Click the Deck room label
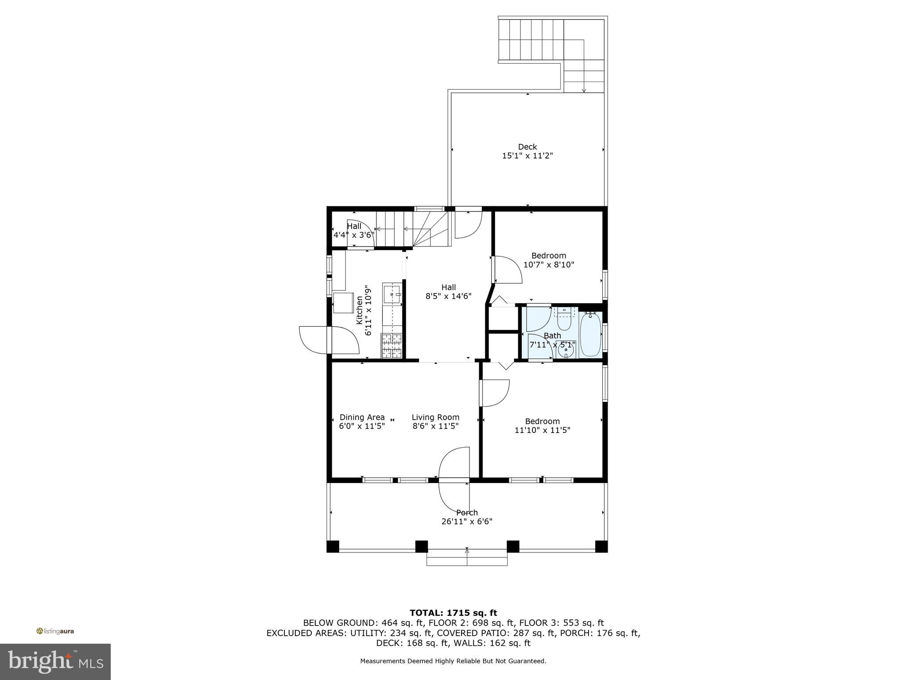click(x=527, y=147)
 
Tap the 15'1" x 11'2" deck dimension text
click(x=527, y=156)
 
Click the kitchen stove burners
click(x=391, y=346)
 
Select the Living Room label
click(x=435, y=417)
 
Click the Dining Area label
click(x=362, y=417)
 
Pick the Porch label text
click(x=467, y=513)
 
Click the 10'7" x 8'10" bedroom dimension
click(x=549, y=265)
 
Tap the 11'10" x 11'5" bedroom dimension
click(x=542, y=430)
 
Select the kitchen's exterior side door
click(x=329, y=340)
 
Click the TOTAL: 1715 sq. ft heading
click(x=453, y=613)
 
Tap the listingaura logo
click(x=55, y=631)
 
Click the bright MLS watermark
click(x=55, y=661)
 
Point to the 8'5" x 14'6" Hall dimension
click(x=448, y=296)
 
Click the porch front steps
click(x=467, y=558)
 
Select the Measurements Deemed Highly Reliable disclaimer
click(x=453, y=661)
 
